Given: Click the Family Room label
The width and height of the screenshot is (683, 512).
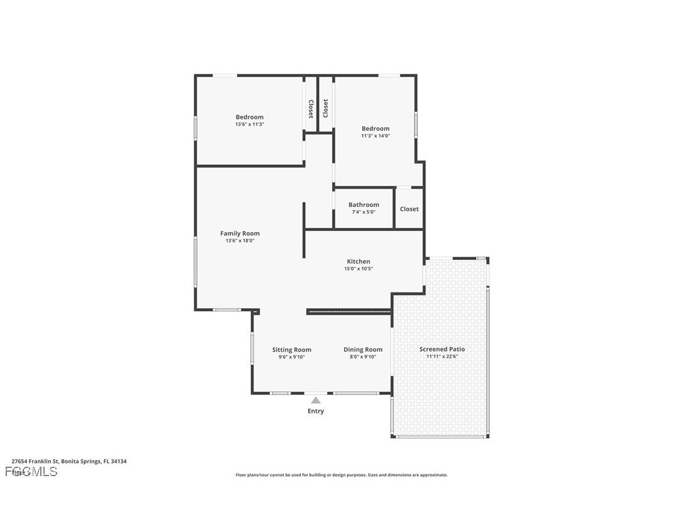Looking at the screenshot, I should point(240,233).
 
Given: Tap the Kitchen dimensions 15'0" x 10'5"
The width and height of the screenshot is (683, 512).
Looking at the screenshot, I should point(358,269).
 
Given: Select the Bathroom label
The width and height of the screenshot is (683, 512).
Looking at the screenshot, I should point(364,204).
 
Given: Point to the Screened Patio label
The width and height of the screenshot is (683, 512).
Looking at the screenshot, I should point(442,349).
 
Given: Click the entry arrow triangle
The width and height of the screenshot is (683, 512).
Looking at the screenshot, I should point(316,400).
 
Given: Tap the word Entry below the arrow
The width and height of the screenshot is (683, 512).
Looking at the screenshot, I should point(316,411).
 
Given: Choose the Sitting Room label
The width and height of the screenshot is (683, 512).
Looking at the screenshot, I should point(291,350).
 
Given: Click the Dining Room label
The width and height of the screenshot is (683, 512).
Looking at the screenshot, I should point(363,350).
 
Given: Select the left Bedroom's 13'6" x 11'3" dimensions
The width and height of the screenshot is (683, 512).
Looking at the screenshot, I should point(250,125).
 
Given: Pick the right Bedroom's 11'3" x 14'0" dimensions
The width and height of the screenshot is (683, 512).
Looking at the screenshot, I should point(375,136).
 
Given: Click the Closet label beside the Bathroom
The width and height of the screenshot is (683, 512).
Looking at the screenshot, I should point(409,209).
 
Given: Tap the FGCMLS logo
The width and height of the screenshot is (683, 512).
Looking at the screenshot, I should point(31,472).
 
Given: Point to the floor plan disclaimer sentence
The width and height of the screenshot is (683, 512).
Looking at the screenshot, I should point(341,475).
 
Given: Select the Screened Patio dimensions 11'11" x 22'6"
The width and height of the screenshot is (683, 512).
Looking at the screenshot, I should point(442,357).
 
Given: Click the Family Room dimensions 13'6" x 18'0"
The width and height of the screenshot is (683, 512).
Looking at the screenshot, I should point(240,241).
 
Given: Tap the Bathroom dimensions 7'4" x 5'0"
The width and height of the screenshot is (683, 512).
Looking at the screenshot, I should point(364,212).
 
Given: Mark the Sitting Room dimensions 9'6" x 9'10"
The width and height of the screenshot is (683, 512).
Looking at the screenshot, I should point(291,357).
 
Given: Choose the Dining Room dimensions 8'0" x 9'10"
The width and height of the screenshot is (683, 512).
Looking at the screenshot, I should point(363,357).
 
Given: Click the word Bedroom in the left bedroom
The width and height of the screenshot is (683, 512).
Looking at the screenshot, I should point(250,117).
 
